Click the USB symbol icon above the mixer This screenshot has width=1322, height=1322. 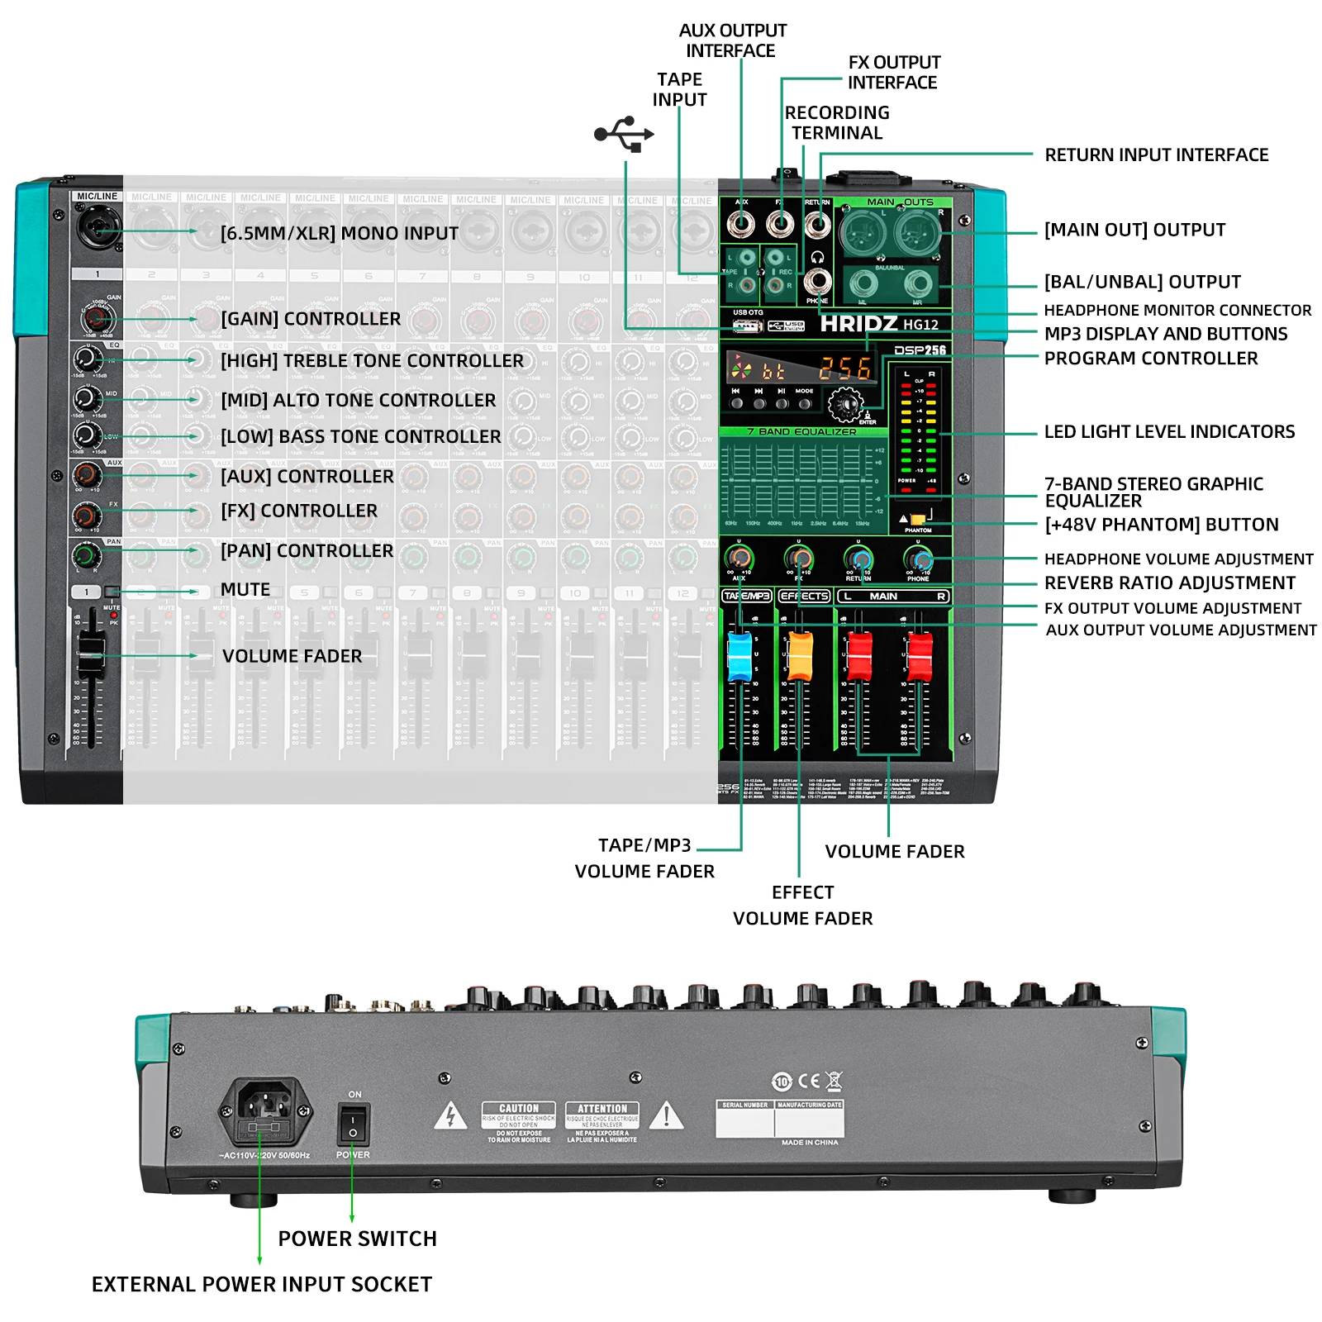tap(624, 134)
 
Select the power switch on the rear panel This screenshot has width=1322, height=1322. tap(353, 1124)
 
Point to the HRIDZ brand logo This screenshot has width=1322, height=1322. tap(858, 324)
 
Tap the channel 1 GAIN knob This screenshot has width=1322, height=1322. tap(96, 318)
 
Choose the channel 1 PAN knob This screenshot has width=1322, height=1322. tap(85, 554)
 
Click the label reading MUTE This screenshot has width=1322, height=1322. tap(245, 590)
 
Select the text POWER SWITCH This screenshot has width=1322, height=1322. tap(357, 1239)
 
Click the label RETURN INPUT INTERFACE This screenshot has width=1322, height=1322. tap(1156, 155)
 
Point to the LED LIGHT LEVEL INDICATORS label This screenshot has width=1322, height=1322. tap(1169, 431)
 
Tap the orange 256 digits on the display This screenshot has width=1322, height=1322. tap(844, 369)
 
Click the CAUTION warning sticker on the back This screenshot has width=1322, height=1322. tap(519, 1122)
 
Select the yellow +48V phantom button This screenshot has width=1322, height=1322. tap(918, 519)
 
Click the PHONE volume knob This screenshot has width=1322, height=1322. tap(918, 559)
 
